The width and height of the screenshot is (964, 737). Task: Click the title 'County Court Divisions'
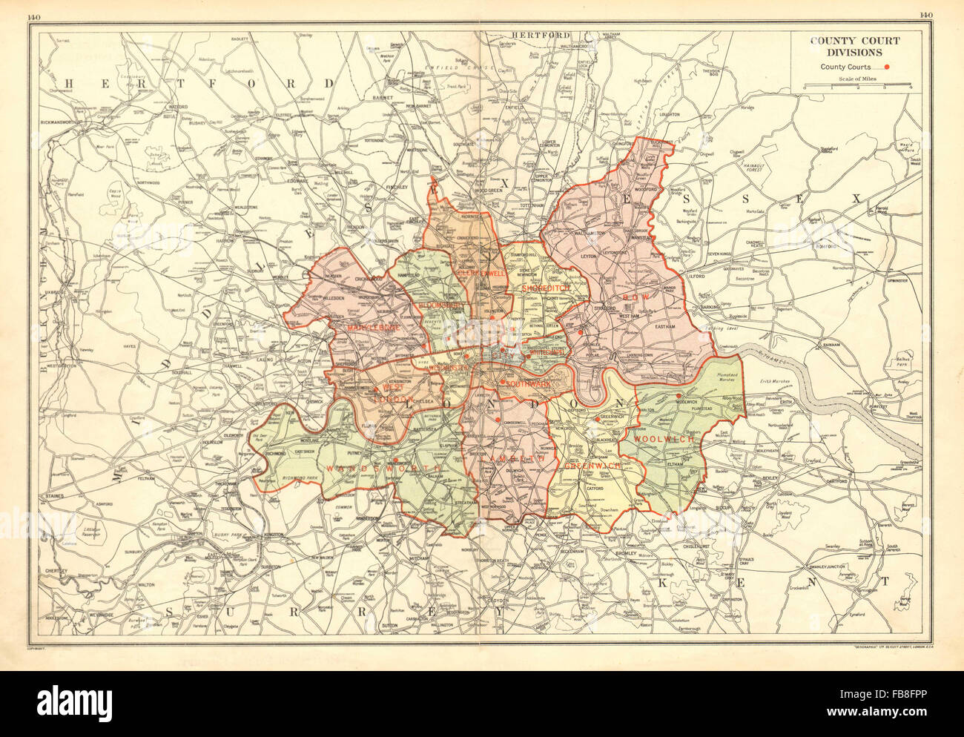tap(855, 47)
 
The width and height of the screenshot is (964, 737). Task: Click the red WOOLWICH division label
tap(664, 439)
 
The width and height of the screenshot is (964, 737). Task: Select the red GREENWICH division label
tap(590, 466)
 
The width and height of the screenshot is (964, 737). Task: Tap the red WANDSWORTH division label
tap(384, 469)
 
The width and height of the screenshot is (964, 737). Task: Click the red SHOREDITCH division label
tap(545, 287)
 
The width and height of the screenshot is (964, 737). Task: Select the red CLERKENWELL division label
tap(481, 273)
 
